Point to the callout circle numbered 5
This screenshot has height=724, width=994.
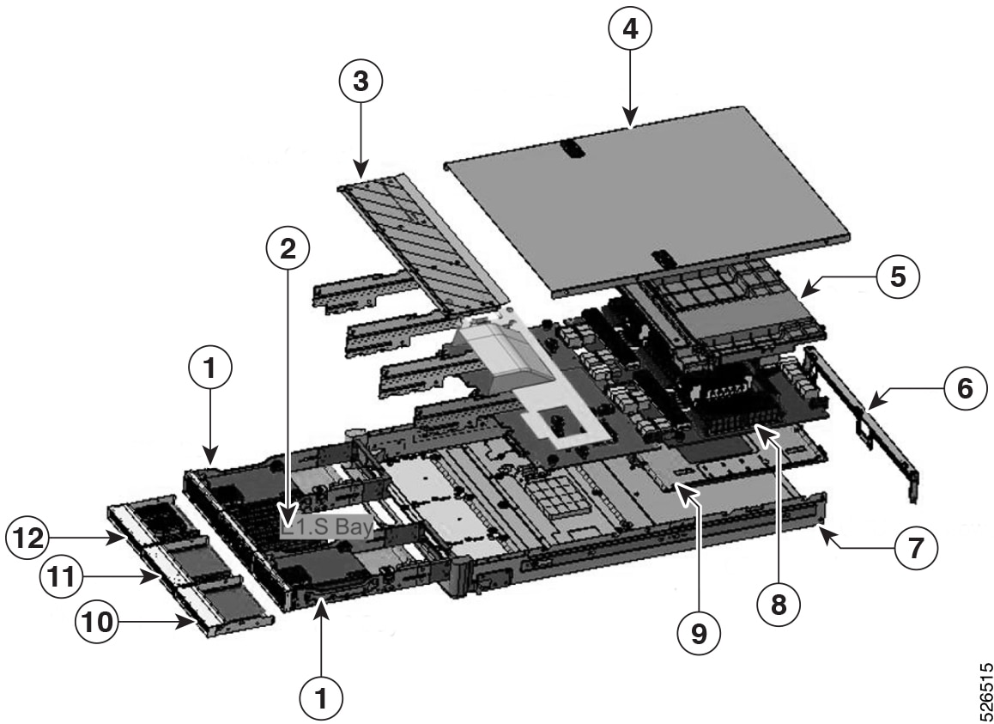point(898,277)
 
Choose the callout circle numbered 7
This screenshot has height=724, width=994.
point(914,545)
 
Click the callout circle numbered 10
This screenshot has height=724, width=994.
point(96,620)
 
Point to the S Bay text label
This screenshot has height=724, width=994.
point(326,526)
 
